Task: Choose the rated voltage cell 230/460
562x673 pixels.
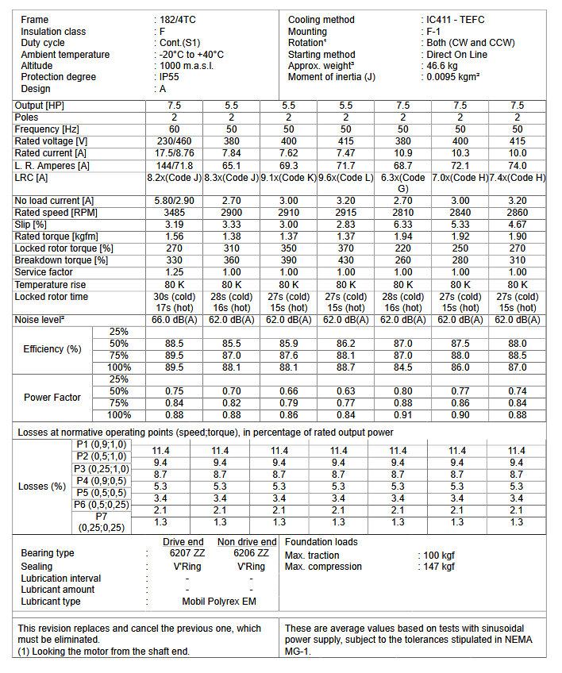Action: point(174,141)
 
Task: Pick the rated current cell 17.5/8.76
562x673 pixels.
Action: point(174,152)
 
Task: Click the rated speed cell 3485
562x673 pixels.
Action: point(174,213)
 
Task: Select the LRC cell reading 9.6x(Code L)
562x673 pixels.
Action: point(345,178)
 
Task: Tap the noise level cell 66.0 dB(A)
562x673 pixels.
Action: point(174,320)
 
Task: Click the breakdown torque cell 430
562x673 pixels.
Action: point(345,260)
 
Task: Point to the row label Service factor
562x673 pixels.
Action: point(44,272)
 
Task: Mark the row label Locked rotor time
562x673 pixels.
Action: point(52,297)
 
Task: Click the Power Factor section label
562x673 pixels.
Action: point(52,397)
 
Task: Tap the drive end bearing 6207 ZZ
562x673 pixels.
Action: point(186,553)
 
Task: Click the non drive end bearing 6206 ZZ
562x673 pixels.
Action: point(251,553)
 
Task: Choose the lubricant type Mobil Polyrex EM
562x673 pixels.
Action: point(218,602)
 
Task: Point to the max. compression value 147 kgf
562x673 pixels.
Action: point(439,567)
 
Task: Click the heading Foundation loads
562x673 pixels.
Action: point(321,542)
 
